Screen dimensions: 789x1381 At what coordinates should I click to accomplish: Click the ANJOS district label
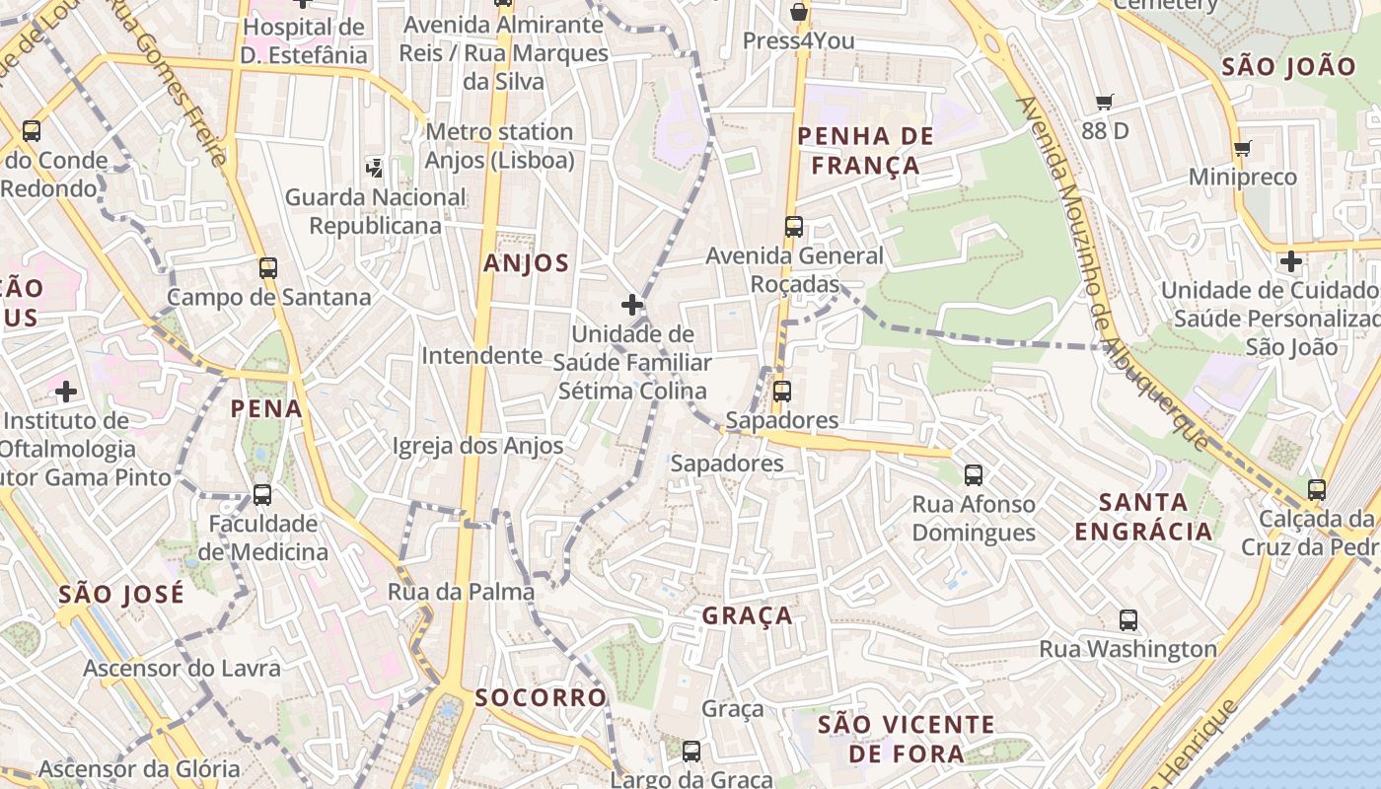tap(526, 263)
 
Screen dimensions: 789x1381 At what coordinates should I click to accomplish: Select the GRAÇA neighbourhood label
tap(747, 616)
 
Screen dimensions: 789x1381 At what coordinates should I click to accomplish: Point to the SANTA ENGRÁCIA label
tap(1143, 517)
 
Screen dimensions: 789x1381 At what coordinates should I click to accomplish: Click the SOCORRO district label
tap(540, 697)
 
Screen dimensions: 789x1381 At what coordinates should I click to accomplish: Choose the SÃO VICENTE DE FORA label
tap(906, 739)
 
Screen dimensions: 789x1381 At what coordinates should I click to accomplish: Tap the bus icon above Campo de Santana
tap(268, 267)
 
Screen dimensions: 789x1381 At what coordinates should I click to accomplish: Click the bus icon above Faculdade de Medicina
tap(262, 494)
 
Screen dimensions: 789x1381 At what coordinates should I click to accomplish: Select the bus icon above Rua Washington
tap(1128, 620)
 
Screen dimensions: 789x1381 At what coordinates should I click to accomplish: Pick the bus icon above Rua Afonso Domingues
tap(974, 475)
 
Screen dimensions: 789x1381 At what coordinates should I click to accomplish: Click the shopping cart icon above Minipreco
tap(1242, 149)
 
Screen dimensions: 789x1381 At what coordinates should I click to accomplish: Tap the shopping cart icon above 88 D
tap(1104, 102)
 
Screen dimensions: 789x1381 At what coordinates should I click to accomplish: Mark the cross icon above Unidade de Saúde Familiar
tap(632, 305)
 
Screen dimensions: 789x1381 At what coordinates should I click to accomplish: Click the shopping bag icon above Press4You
tap(799, 13)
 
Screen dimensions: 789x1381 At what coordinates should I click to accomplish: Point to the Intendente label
tap(481, 355)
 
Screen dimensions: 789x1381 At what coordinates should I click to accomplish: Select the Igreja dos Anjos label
tap(477, 446)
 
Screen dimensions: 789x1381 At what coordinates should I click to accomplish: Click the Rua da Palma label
tap(461, 592)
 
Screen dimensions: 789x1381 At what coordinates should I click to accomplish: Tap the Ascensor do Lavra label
tap(182, 668)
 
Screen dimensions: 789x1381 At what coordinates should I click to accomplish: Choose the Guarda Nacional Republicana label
tap(375, 211)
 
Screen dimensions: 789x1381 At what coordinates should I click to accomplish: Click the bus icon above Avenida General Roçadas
tap(794, 227)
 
